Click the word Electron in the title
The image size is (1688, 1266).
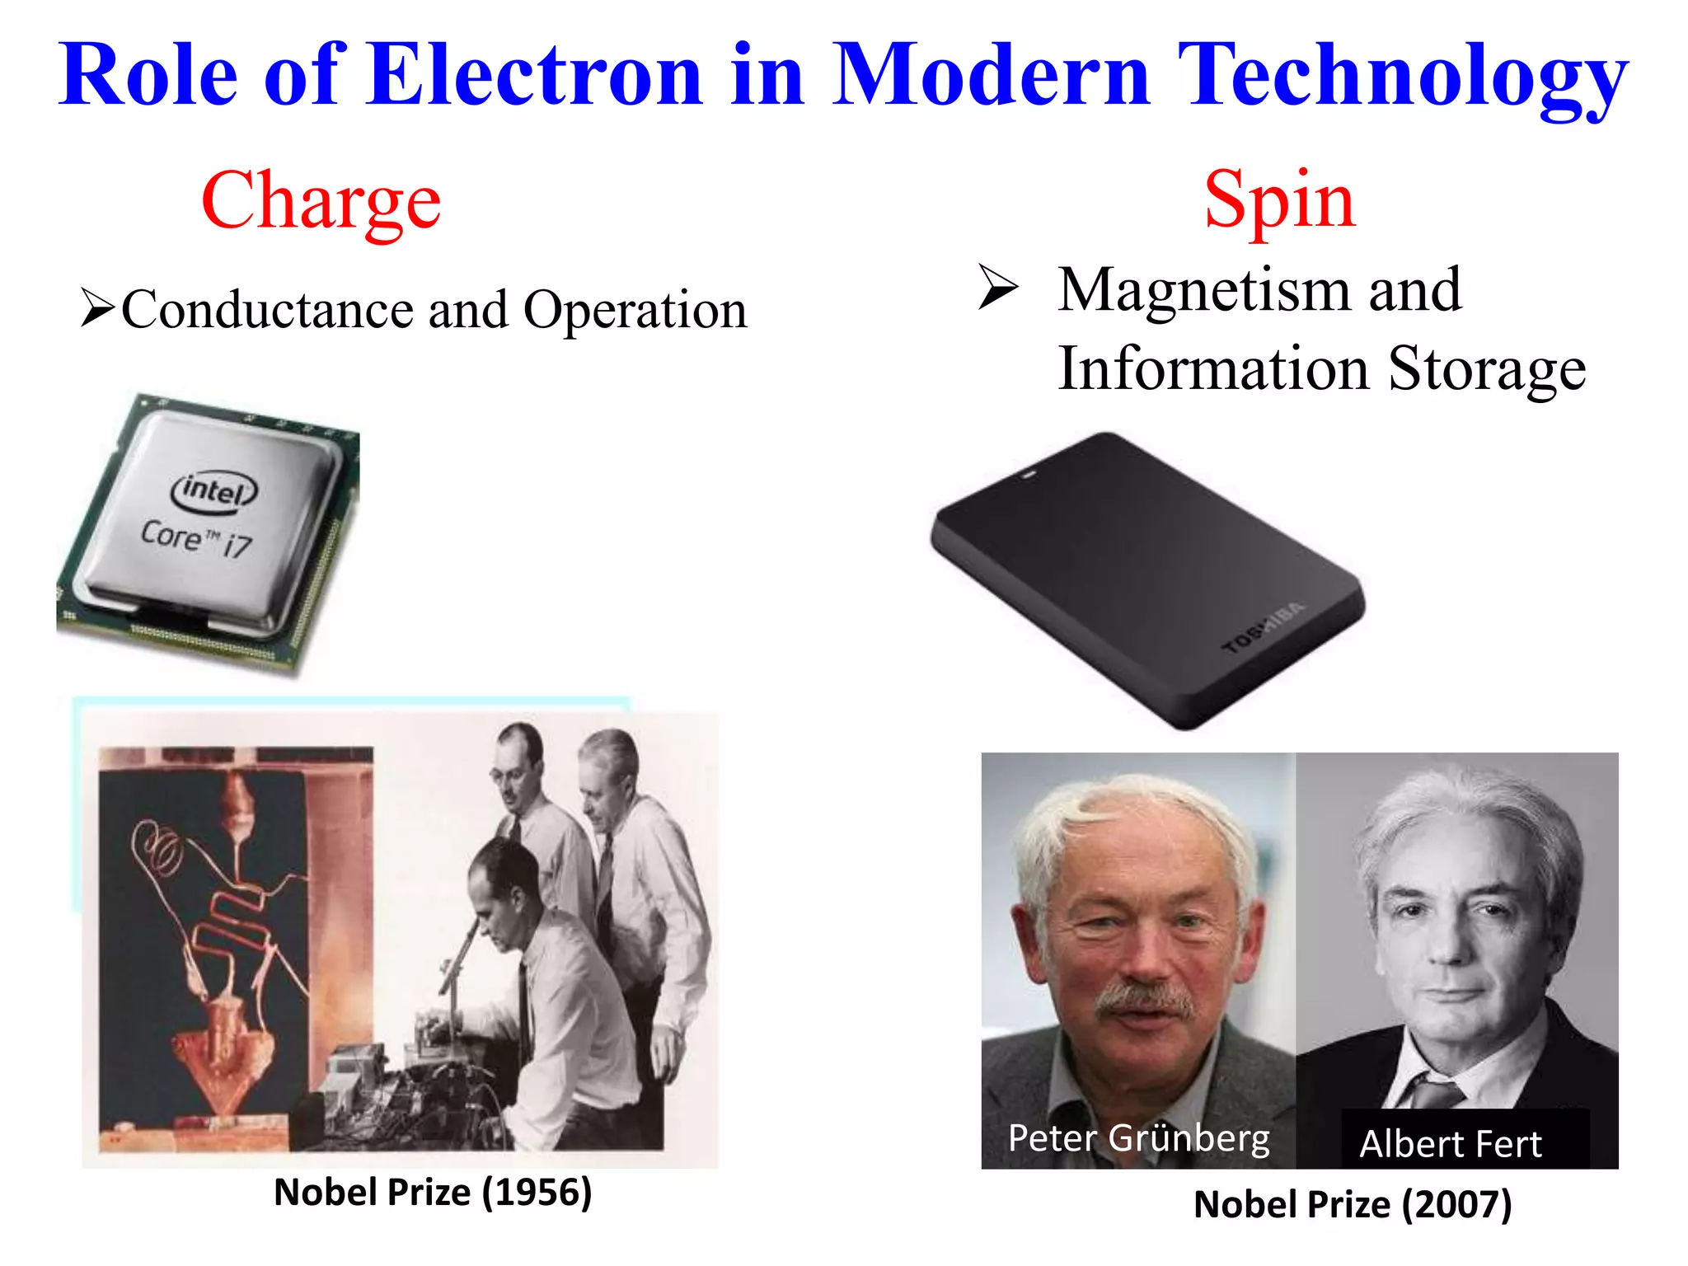534,76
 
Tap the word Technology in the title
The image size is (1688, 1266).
1402,76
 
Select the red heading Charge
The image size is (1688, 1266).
321,200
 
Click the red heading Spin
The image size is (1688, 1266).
1279,200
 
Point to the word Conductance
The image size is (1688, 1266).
268,310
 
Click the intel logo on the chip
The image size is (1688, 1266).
214,491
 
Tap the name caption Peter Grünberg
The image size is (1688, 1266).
1138,1138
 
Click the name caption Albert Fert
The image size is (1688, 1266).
1450,1144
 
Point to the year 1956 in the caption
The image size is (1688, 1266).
537,1193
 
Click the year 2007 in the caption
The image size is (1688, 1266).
1456,1205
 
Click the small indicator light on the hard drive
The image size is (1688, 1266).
1027,476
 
